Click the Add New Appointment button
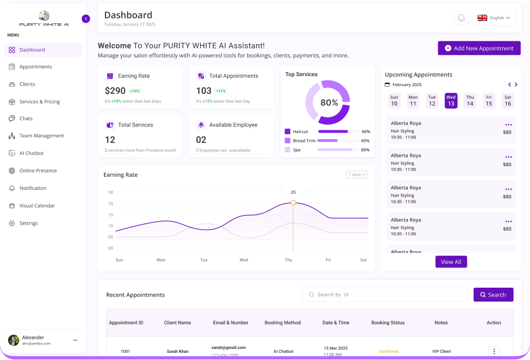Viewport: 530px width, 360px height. [x=479, y=48]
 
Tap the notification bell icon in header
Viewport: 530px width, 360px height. [x=461, y=18]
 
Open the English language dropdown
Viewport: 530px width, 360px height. [x=494, y=18]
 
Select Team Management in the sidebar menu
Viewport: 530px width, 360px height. [x=41, y=136]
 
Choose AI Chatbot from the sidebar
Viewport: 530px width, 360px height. [x=32, y=153]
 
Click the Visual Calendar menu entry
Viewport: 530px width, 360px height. [x=37, y=205]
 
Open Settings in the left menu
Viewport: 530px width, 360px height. [x=29, y=223]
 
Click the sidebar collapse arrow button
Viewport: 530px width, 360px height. [x=86, y=19]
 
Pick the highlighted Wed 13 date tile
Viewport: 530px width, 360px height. [x=451, y=100]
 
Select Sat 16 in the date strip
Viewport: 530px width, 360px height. [x=507, y=100]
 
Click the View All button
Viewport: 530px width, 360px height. [x=451, y=262]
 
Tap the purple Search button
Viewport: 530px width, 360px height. [x=493, y=295]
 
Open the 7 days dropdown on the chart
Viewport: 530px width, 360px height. [x=356, y=174]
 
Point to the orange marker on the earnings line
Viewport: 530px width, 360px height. [x=293, y=203]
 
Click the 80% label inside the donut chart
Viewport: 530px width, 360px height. [x=329, y=103]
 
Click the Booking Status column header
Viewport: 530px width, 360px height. [x=388, y=322]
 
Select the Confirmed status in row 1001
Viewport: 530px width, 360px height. [x=389, y=351]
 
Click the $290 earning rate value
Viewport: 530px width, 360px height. [x=115, y=91]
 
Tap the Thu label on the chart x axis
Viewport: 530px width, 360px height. [x=288, y=260]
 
